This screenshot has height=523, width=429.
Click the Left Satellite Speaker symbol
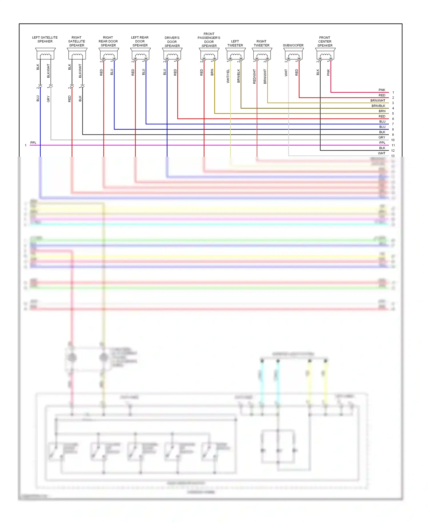[x=45, y=54]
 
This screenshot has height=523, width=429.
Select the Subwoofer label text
[x=293, y=45]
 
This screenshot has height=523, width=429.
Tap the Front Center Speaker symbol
[x=325, y=54]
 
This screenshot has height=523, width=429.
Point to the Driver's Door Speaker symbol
[x=172, y=54]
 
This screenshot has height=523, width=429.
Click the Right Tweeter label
[x=261, y=43]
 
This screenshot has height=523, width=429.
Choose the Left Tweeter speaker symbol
[x=235, y=54]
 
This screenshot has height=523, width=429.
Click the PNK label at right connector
[x=382, y=90]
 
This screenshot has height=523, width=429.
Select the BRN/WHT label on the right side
[x=378, y=100]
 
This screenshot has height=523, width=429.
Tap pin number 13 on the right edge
[x=393, y=156]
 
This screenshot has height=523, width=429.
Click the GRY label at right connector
[x=382, y=137]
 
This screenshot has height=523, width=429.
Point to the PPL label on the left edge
[x=33, y=143]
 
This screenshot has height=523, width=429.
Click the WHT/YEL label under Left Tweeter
[x=228, y=76]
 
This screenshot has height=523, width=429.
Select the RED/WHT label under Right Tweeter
[x=254, y=76]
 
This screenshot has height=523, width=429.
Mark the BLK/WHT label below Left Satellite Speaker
[x=48, y=71]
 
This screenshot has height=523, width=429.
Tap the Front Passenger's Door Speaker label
[x=209, y=40]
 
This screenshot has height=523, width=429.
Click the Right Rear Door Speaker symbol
[x=109, y=54]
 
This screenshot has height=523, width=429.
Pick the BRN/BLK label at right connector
[x=378, y=106]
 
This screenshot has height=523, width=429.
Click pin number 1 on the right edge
[x=393, y=92]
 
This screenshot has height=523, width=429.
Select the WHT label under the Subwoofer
[x=286, y=73]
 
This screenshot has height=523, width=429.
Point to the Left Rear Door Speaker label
[x=140, y=41]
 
